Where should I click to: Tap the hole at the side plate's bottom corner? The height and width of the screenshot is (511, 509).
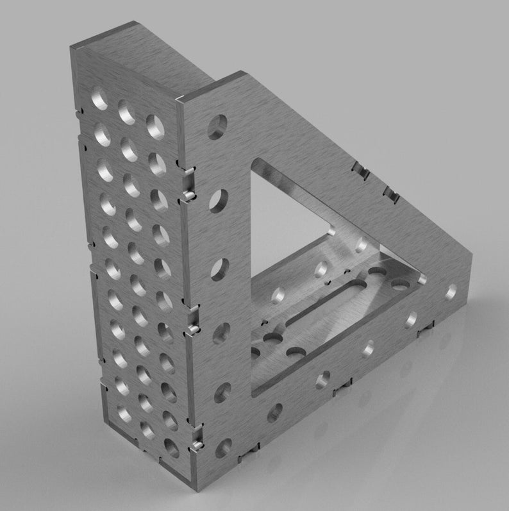point(223,447)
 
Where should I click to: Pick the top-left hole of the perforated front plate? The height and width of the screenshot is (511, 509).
point(99,99)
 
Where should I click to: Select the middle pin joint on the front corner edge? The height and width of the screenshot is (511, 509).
point(191,330)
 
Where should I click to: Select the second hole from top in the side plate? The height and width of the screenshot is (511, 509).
point(218,200)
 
